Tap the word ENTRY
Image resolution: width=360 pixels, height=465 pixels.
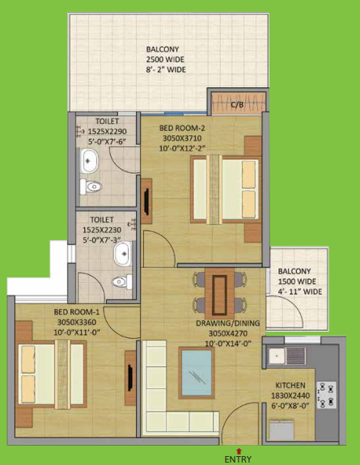pyautogui.click(x=239, y=459)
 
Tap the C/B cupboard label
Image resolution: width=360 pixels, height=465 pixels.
pyautogui.click(x=237, y=104)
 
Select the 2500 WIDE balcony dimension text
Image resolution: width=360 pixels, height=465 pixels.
pyautogui.click(x=166, y=60)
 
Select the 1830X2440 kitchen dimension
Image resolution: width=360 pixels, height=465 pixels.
pyautogui.click(x=289, y=397)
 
